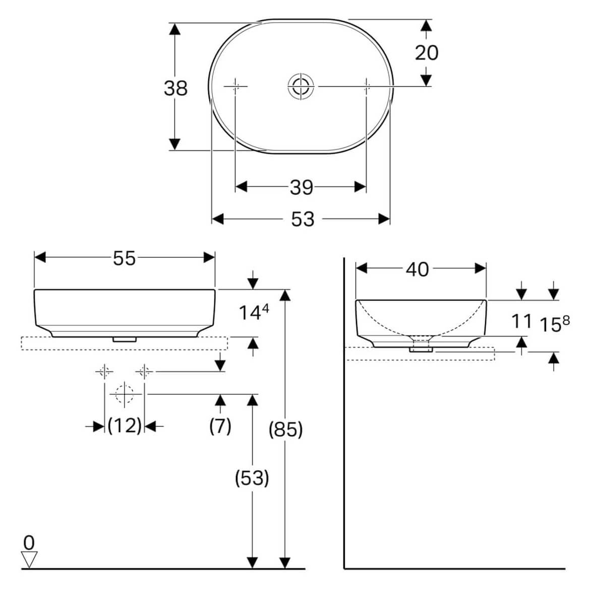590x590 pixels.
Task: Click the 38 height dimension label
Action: [x=175, y=88]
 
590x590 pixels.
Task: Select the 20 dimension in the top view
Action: [x=427, y=52]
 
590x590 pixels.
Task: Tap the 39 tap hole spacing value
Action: [x=302, y=188]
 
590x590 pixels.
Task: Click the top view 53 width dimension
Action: [x=303, y=219]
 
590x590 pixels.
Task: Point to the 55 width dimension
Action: [x=124, y=258]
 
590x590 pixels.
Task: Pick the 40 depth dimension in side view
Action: [x=418, y=270]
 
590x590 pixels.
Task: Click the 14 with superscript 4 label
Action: [x=253, y=313]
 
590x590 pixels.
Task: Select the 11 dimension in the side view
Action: [x=521, y=321]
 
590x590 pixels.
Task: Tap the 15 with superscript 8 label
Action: [x=554, y=324]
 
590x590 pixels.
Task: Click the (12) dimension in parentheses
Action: [x=125, y=426]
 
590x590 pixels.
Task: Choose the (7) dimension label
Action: [x=220, y=426]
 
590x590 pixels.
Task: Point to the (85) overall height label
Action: [x=285, y=430]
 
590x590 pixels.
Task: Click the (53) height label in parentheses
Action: [x=252, y=478]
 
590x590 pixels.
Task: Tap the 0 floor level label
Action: [x=29, y=543]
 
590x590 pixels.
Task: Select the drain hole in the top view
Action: [x=302, y=86]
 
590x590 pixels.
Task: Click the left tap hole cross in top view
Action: [x=235, y=86]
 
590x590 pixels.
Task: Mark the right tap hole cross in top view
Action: [x=367, y=86]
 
